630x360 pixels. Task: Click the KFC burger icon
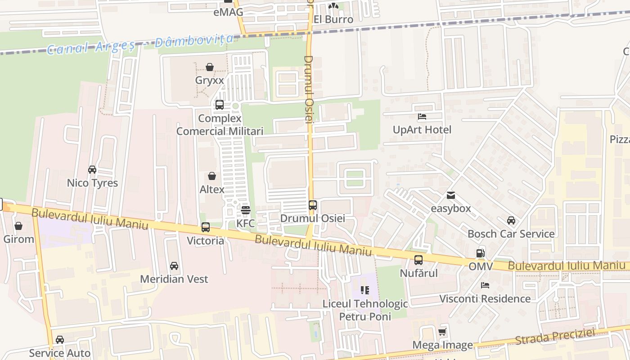coord(245,210)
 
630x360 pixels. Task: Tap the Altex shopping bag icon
coord(212,176)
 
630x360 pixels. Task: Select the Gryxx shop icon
coord(210,67)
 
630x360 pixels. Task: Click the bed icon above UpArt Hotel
coord(422,117)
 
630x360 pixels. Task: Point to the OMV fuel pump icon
coord(481,253)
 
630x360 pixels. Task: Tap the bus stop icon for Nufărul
coord(418,260)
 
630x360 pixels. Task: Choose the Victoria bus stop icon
coord(206,227)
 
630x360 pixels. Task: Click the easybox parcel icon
coord(450,195)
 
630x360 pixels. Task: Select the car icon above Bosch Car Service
coord(511,220)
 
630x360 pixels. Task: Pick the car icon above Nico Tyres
coord(92,170)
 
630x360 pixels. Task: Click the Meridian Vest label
coord(174,279)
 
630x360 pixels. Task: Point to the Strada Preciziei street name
coord(555,337)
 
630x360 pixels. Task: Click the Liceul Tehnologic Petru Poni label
coord(365,310)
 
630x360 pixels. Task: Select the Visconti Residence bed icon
coord(485,285)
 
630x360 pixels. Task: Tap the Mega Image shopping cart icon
coord(442,332)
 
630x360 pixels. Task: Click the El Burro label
coord(333,19)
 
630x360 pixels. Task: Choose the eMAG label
coord(228,12)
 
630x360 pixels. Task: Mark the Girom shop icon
coord(18,226)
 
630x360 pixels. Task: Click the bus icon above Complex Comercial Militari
coord(220,105)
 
